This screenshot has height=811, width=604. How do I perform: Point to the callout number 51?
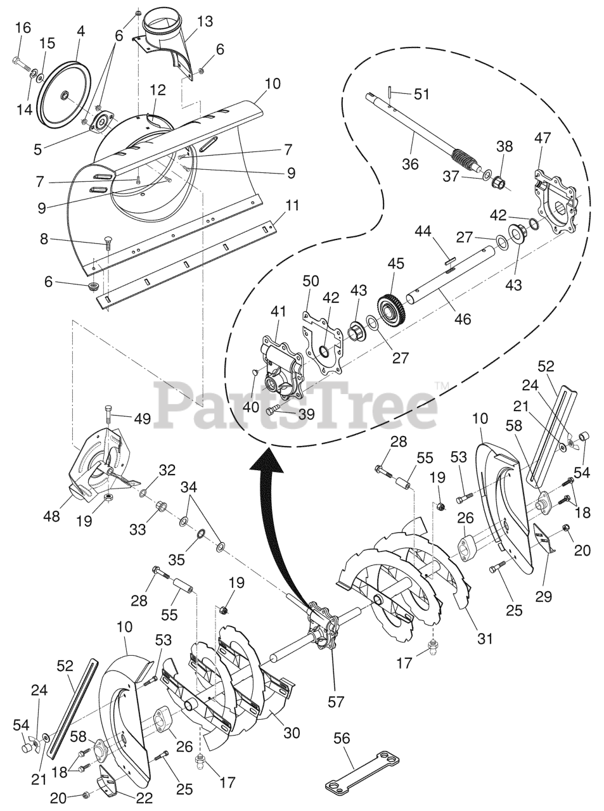pos(421,94)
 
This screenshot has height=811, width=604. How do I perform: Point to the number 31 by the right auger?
pos(485,639)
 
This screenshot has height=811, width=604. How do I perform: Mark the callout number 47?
pos(543,137)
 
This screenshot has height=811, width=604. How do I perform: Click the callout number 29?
pos(544,596)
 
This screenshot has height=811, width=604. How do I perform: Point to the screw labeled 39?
pos(272,410)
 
